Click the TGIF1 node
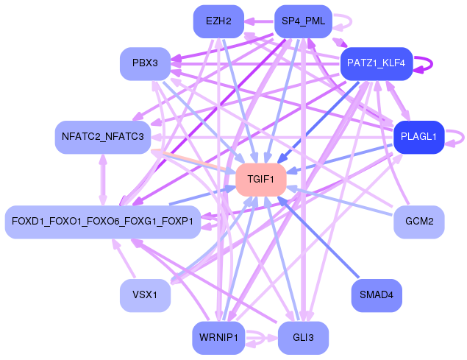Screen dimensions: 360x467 click(x=260, y=180)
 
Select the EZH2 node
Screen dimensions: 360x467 click(x=218, y=21)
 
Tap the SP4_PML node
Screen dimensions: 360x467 click(x=302, y=21)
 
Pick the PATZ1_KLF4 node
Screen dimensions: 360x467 click(x=375, y=65)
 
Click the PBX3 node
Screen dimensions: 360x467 click(x=145, y=63)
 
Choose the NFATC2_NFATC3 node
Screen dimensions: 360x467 click(x=103, y=137)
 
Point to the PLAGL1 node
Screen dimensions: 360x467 click(x=418, y=136)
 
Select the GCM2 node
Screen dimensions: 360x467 click(x=418, y=221)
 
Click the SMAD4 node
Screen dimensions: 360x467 click(x=377, y=295)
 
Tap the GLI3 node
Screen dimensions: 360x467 click(x=302, y=338)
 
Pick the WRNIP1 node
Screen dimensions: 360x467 click(x=218, y=338)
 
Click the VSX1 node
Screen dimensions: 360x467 click(x=145, y=295)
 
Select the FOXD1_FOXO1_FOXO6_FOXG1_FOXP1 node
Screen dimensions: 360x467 click(x=102, y=222)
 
